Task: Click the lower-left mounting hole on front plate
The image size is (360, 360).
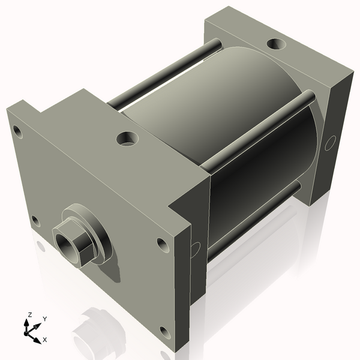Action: pos(35,221)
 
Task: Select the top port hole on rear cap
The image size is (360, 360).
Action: pos(276,44)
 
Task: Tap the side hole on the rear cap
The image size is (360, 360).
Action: pos(329,143)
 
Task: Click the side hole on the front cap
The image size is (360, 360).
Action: pos(194,249)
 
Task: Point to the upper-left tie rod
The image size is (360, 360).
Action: pos(162,75)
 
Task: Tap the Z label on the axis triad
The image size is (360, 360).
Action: pos(29,314)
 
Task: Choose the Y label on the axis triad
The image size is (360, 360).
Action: pos(44,319)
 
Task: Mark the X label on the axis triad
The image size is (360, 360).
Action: pos(44,340)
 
